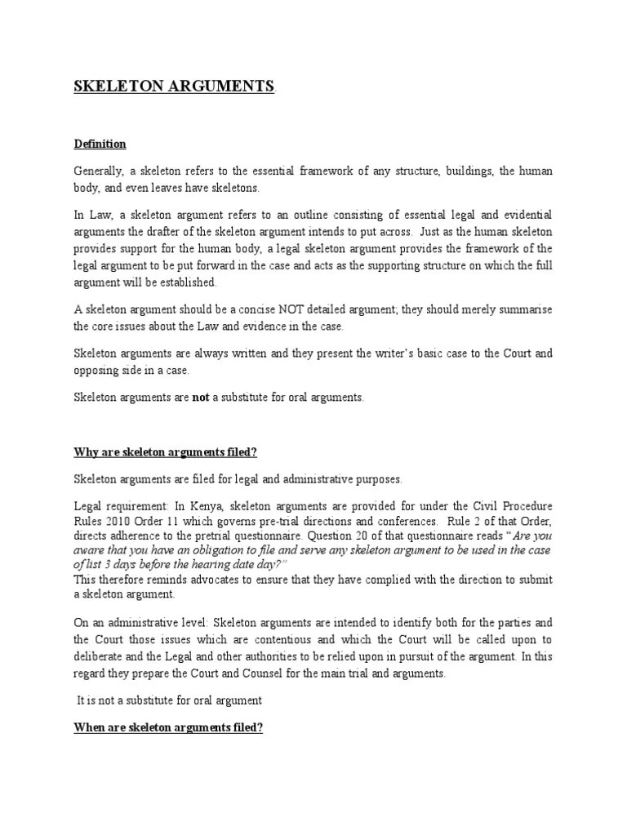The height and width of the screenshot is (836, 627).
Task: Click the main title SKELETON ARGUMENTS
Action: (x=175, y=87)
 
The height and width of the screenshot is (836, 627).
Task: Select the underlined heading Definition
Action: (x=100, y=144)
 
